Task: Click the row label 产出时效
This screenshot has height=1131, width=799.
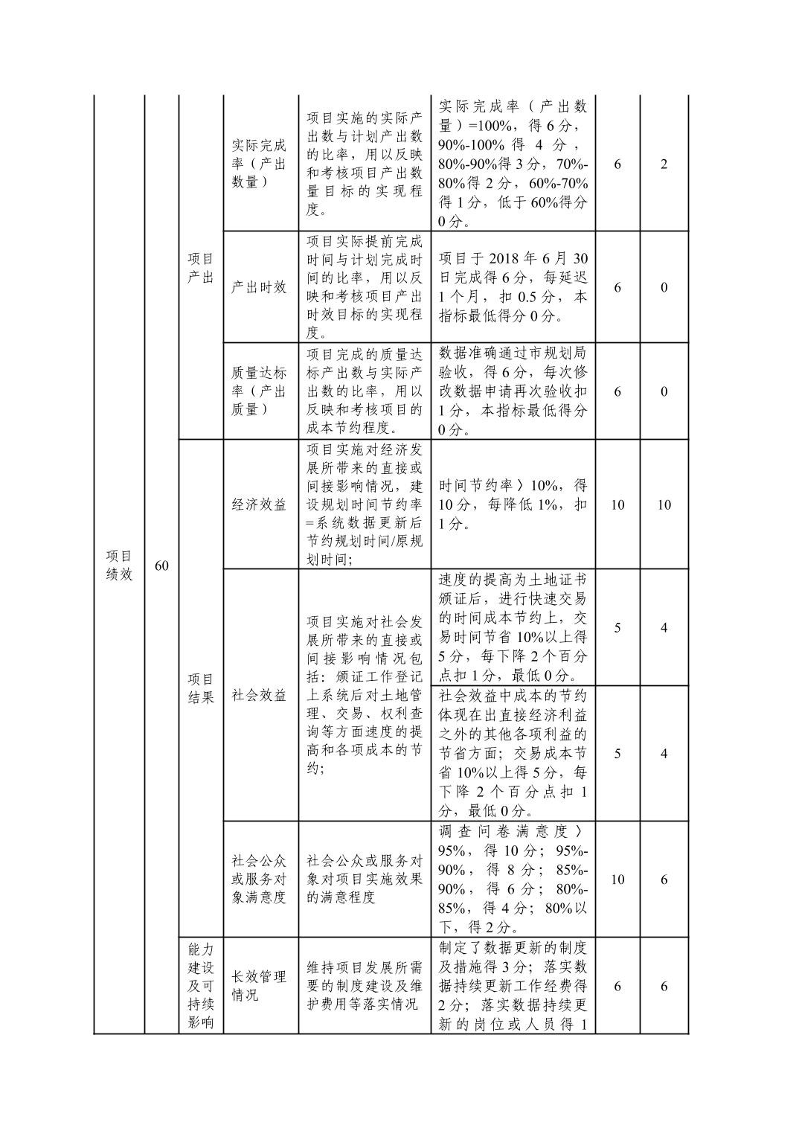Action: pyautogui.click(x=259, y=287)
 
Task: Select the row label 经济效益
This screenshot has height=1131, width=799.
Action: pyautogui.click(x=259, y=504)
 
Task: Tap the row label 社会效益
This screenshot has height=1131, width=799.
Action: pyautogui.click(x=259, y=696)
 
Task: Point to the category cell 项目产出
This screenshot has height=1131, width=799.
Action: pyautogui.click(x=200, y=268)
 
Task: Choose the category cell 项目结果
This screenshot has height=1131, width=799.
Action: pyautogui.click(x=200, y=688)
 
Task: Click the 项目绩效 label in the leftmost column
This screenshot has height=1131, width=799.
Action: pyautogui.click(x=119, y=565)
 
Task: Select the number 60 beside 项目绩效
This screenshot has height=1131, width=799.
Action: pyautogui.click(x=161, y=566)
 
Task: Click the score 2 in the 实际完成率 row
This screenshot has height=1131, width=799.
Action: pyautogui.click(x=664, y=164)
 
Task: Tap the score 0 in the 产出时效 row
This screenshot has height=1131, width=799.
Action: pyautogui.click(x=664, y=287)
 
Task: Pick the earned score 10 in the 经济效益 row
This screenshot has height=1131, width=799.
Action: pyautogui.click(x=664, y=504)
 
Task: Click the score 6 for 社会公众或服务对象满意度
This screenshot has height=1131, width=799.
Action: pyautogui.click(x=664, y=880)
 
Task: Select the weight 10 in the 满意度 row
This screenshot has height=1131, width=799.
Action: pyautogui.click(x=617, y=880)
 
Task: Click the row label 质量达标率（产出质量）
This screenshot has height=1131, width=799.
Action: pyautogui.click(x=259, y=391)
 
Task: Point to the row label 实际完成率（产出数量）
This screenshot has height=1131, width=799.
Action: pyautogui.click(x=259, y=164)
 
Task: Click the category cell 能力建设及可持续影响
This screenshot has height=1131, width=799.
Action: pyautogui.click(x=200, y=986)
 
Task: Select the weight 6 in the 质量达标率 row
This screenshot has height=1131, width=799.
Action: pyautogui.click(x=617, y=391)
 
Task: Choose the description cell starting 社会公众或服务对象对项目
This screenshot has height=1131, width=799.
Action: pyautogui.click(x=365, y=880)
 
